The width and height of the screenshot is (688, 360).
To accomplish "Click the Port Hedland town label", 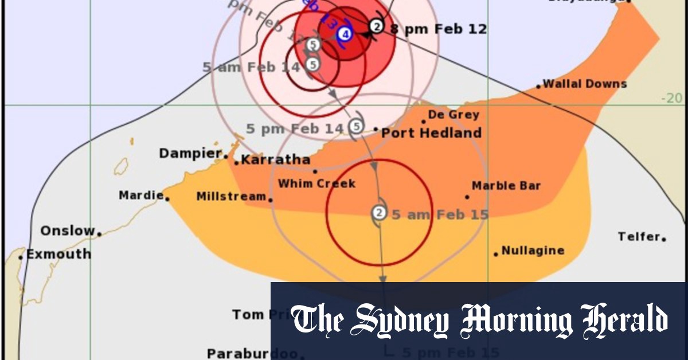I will (x=431, y=133).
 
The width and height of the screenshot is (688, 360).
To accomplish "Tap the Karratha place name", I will (x=275, y=160).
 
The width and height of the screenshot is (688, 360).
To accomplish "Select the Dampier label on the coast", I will (x=190, y=153).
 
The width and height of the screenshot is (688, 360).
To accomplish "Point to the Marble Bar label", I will (x=506, y=186).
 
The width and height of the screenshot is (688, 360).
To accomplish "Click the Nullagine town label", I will (x=533, y=251).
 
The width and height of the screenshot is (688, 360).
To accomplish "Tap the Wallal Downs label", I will (x=584, y=84).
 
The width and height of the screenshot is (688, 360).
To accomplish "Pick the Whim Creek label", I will (x=316, y=183).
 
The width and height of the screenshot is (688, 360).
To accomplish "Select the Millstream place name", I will (x=231, y=197).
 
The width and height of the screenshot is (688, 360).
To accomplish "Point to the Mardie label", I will (x=140, y=195).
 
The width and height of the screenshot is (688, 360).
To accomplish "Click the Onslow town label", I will (x=67, y=231).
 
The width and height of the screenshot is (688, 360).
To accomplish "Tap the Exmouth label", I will (x=58, y=254).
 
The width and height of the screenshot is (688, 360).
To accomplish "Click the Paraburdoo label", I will (x=252, y=353).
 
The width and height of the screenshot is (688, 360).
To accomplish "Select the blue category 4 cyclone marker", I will (x=344, y=34).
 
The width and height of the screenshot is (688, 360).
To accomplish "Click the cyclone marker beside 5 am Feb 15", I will (x=379, y=213).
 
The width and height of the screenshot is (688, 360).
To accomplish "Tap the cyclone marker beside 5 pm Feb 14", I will (x=356, y=126).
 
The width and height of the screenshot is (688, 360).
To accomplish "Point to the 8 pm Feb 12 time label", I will (x=439, y=29).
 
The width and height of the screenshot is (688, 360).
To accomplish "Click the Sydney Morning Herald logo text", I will (x=479, y=320).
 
